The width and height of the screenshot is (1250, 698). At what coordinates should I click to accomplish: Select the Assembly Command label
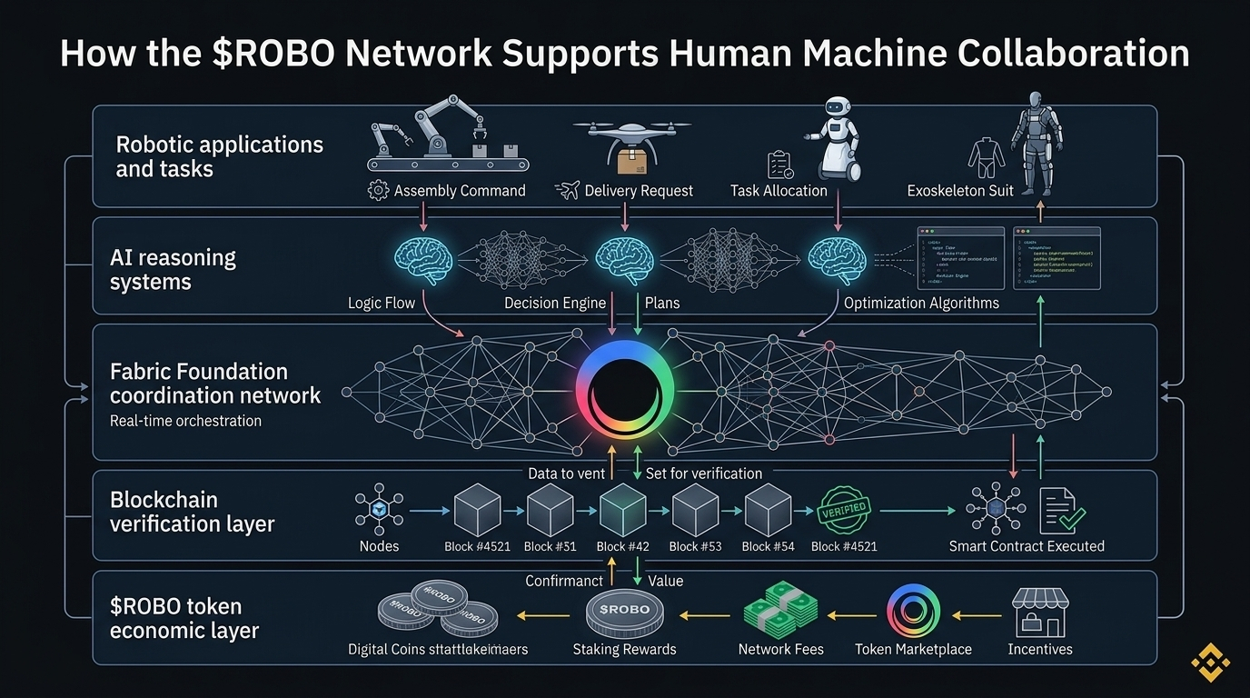coord(460,191)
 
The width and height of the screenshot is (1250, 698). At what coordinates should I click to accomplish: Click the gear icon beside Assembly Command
coord(378,191)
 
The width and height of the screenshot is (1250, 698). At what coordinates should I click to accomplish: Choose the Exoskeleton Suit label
coord(960,191)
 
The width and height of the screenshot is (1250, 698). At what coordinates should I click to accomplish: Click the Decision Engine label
coord(555,303)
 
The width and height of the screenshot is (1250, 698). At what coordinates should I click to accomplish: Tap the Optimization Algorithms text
coord(921,303)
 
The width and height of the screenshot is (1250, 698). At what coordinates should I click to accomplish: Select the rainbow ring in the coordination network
coord(625,392)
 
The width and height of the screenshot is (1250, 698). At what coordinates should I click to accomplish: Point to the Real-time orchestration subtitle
coord(185,421)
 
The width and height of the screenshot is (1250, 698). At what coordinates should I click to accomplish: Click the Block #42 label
coord(623,546)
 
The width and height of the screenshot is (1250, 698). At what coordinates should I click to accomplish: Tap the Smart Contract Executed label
coord(1027,546)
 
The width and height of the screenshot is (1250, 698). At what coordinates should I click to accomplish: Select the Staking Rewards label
coord(624,649)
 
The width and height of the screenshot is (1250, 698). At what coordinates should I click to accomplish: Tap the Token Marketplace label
coord(913,649)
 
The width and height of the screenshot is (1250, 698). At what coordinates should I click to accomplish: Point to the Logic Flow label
coord(382,303)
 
